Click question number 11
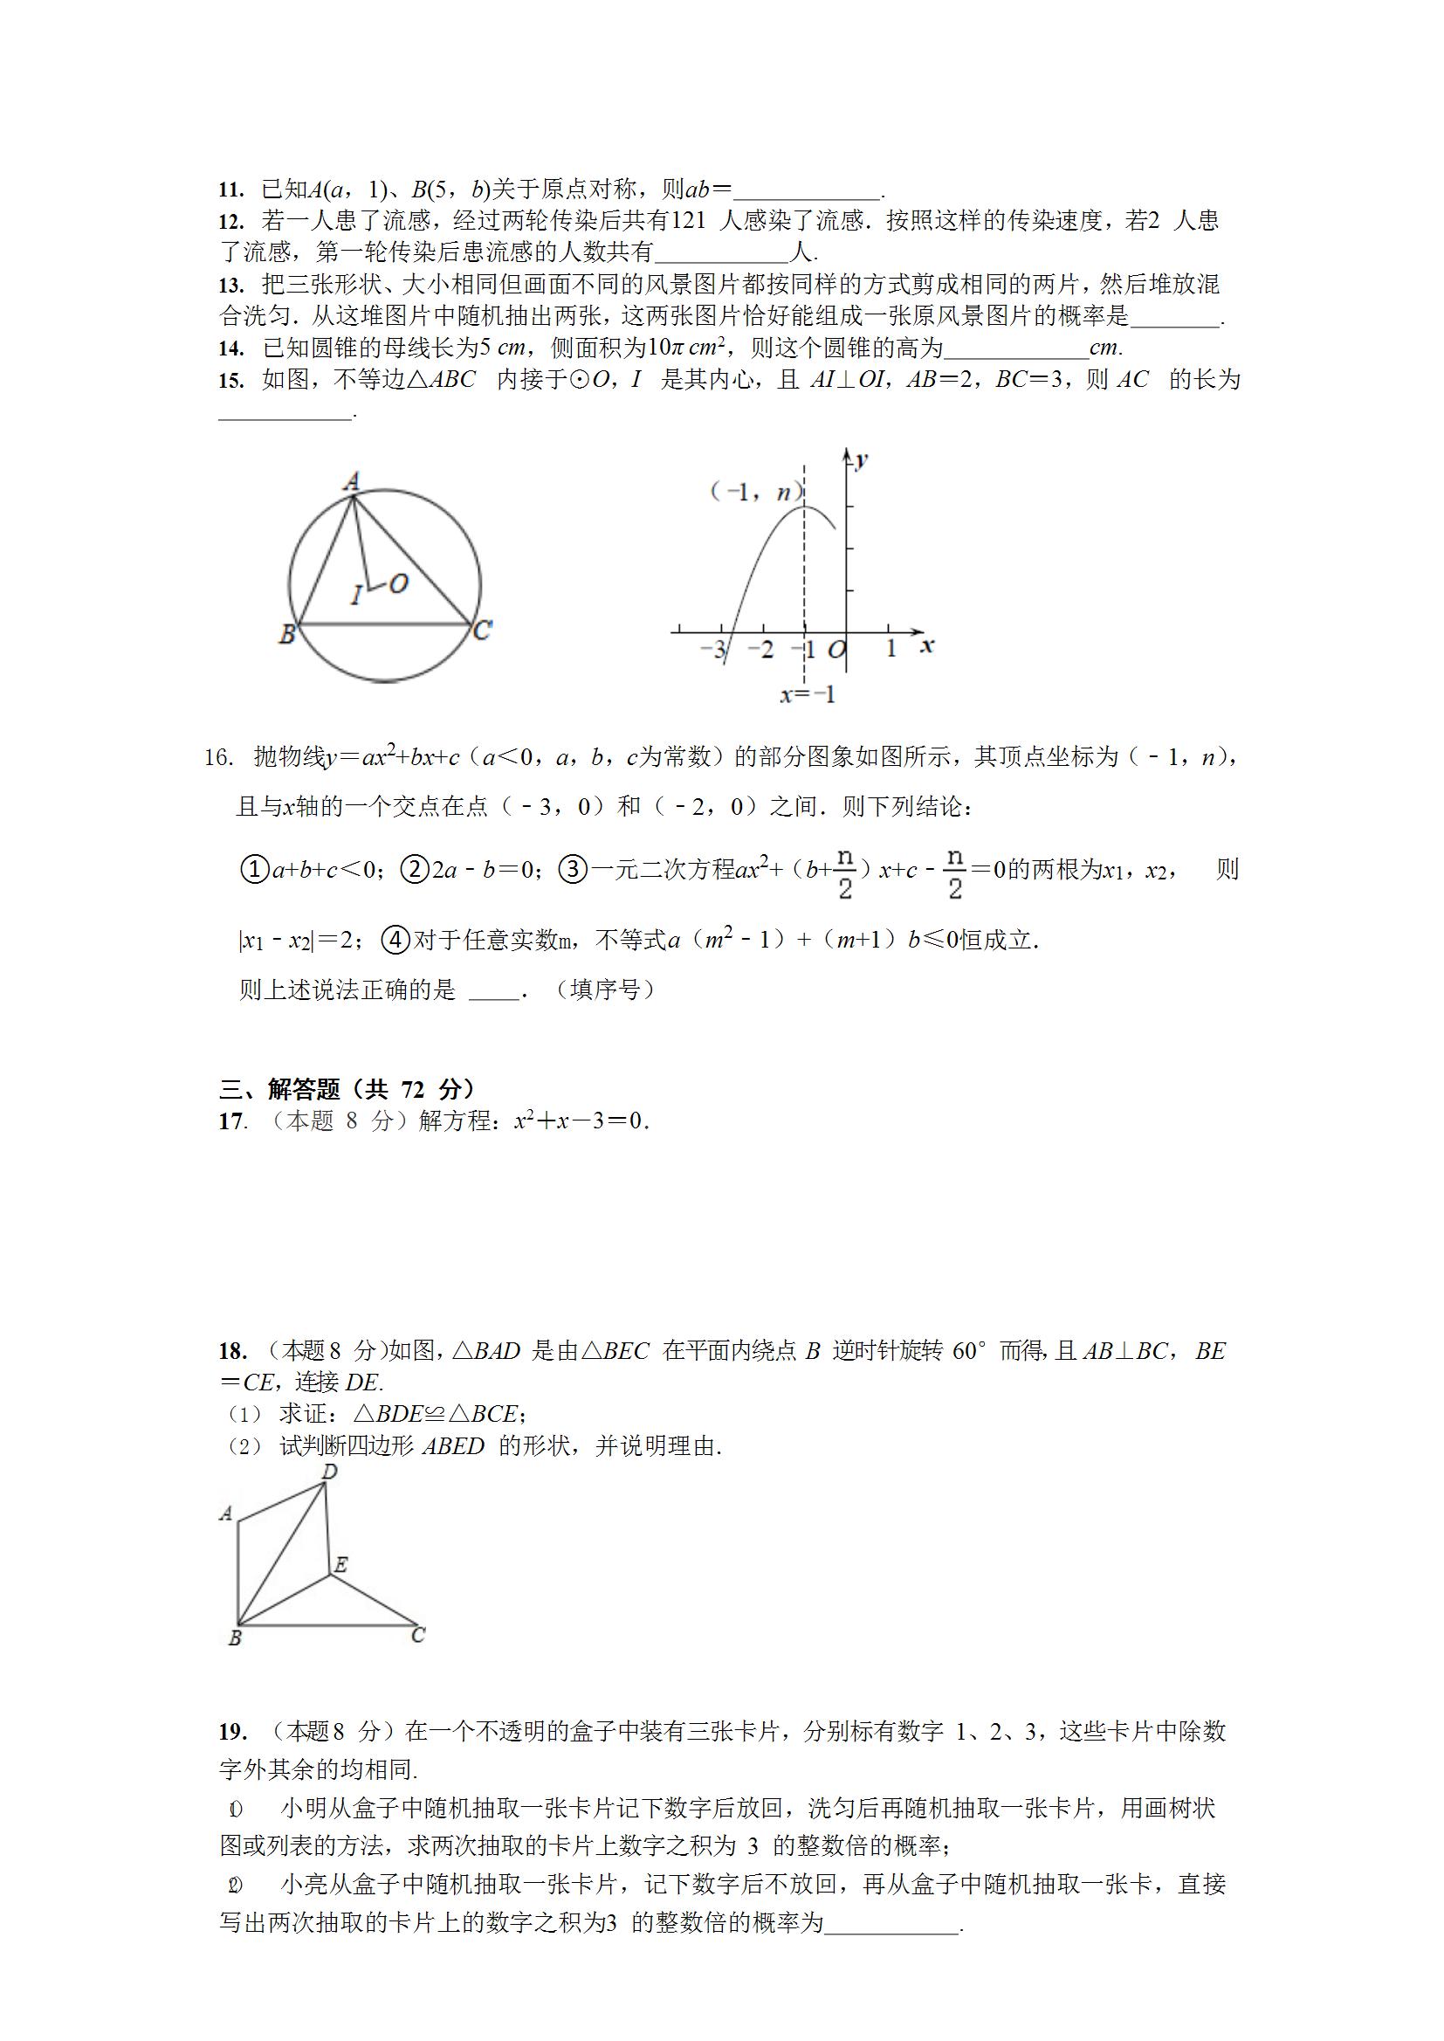pyautogui.click(x=230, y=190)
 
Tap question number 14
pyautogui.click(x=230, y=348)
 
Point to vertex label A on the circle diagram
pyautogui.click(x=352, y=482)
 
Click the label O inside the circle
pyautogui.click(x=398, y=583)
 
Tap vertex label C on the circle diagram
pyautogui.click(x=483, y=630)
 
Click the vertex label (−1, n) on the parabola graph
pyautogui.click(x=756, y=493)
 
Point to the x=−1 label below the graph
pyautogui.click(x=808, y=694)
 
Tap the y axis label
pyautogui.click(x=861, y=460)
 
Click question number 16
pyautogui.click(x=218, y=758)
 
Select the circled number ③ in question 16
pyautogui.click(x=574, y=869)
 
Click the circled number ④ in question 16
pyautogui.click(x=395, y=939)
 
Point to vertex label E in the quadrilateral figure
pyautogui.click(x=340, y=1565)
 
